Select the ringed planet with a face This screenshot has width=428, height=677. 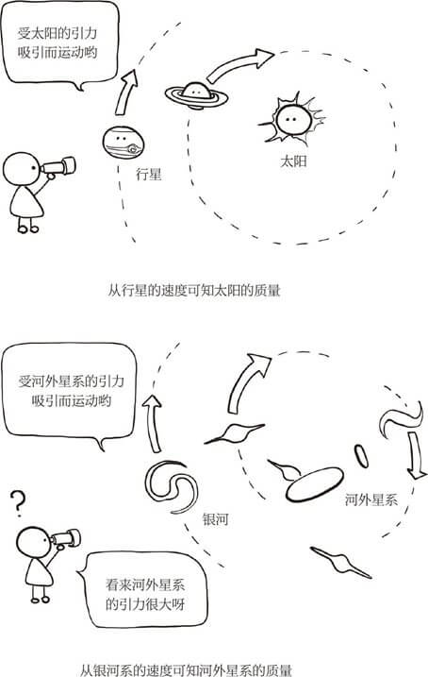pos(199,93)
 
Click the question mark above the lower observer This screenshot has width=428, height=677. pos(16,506)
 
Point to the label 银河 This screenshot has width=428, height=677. pos(216,518)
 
